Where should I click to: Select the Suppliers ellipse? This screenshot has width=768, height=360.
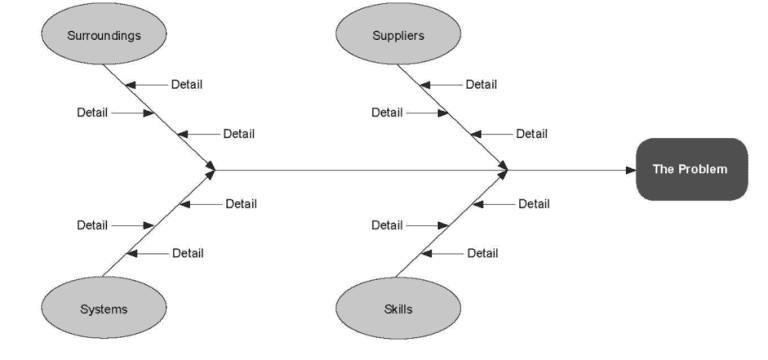384,36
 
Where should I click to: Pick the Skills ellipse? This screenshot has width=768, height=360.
384,308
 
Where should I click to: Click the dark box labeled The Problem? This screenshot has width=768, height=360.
691,169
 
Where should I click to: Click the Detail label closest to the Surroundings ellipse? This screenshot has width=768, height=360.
187,85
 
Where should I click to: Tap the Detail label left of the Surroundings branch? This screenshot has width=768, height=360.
92,112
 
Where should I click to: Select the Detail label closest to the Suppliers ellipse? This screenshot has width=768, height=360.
481,85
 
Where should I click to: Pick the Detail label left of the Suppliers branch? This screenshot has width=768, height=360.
387,112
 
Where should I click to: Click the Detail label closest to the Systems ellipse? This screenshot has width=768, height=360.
187,253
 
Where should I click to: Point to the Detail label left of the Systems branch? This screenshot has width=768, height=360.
92,225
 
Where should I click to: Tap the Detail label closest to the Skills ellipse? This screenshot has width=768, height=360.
482,253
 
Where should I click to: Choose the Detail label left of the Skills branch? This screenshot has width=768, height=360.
387,225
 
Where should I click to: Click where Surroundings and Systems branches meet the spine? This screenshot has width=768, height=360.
211,170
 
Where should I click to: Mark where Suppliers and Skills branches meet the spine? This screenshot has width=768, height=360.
505,170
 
